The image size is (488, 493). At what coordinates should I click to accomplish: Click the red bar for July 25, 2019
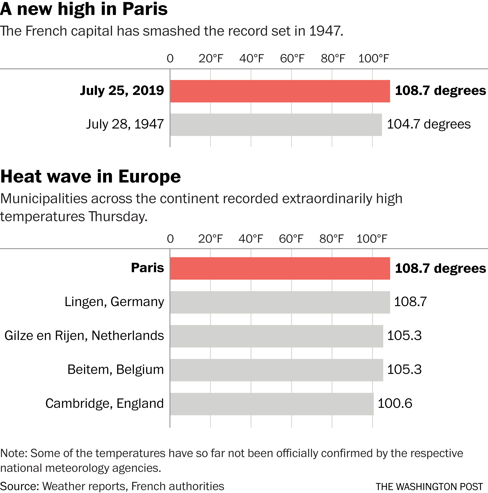pos(280,91)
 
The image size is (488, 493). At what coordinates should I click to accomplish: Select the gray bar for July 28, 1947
pos(276,125)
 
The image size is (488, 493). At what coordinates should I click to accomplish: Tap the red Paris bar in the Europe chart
pos(280,268)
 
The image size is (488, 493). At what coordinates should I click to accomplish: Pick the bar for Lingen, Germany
pos(280,302)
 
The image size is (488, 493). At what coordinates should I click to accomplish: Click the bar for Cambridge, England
pos(272,404)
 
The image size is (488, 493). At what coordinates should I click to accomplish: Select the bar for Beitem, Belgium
pos(276,370)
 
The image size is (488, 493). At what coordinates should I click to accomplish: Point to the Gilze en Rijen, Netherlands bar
pos(276,336)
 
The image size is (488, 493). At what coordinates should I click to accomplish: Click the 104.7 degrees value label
pos(429,124)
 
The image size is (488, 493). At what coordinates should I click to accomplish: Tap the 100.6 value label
pos(395,404)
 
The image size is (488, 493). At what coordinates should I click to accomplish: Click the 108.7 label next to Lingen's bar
pos(410,302)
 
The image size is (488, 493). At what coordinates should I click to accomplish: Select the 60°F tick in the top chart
pos(292,59)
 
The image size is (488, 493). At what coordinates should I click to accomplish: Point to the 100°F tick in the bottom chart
pos(372,239)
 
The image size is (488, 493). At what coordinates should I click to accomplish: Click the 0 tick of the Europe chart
pos(170,239)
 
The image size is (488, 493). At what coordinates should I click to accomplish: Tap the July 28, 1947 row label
pos(125,124)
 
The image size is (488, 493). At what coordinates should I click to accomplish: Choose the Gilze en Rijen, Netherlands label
pos(84,336)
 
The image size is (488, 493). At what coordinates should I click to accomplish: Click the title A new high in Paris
pos(84,9)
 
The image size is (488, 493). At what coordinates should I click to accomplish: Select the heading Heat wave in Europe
pos(90,177)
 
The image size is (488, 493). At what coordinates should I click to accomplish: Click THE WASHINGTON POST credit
pos(429,486)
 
